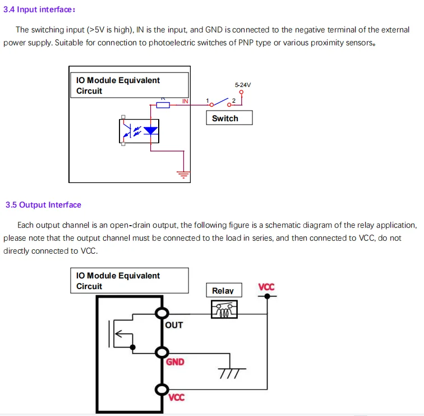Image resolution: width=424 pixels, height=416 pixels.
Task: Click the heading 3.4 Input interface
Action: tap(39, 10)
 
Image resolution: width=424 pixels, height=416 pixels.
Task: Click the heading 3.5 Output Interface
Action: tap(43, 205)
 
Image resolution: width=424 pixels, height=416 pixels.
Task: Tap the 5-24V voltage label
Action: tap(243, 85)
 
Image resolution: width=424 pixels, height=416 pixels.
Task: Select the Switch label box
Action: tap(229, 118)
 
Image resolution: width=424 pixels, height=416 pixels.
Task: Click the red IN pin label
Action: tap(185, 101)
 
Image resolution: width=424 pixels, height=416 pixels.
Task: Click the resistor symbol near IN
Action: tap(163, 104)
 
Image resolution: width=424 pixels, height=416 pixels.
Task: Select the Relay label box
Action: tap(223, 290)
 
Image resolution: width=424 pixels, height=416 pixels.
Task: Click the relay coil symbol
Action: tap(224, 309)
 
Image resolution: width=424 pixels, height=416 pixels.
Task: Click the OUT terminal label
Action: tap(174, 325)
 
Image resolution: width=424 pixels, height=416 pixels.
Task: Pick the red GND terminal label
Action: tap(175, 362)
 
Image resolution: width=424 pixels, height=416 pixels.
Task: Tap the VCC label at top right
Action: tap(266, 287)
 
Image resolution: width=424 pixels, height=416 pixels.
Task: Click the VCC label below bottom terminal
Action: tap(177, 397)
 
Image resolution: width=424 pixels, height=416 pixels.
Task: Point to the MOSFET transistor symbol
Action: tap(123, 336)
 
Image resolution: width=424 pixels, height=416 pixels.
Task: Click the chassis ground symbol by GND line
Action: tap(231, 372)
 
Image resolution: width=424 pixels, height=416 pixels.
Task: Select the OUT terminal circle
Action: tap(162, 313)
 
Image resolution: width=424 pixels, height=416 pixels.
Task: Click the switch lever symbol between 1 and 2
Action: tap(221, 103)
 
